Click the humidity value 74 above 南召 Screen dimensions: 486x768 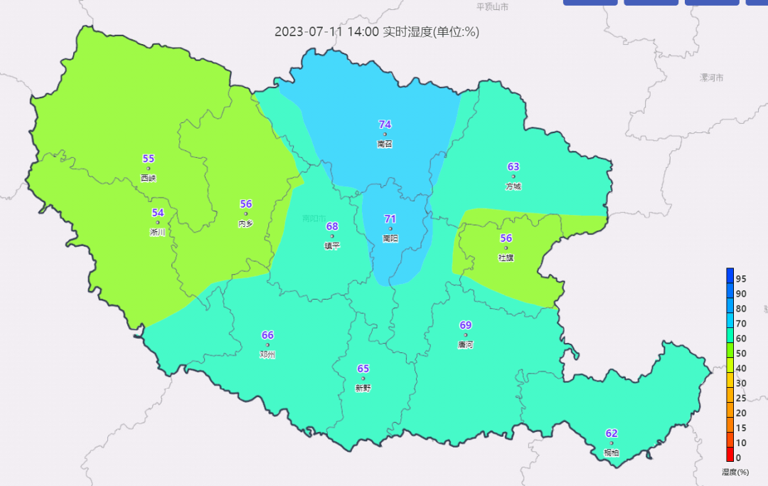point(385,125)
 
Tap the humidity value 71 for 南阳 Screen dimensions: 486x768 point(390,219)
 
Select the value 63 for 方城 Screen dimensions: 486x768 point(513,167)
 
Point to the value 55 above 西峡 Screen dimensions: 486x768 point(148,159)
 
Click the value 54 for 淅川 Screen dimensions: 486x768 point(158,213)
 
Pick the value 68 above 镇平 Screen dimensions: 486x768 point(332,226)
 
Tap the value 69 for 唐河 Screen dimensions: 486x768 point(466,325)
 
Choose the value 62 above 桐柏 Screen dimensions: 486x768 point(612,433)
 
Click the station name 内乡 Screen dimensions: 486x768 point(245,223)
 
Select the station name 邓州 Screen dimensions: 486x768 point(267,354)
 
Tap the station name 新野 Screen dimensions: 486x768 point(363,388)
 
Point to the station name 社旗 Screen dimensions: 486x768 point(506,258)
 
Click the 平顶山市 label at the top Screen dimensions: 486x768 point(492,6)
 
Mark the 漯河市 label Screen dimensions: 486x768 point(711,77)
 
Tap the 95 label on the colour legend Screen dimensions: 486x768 point(741,278)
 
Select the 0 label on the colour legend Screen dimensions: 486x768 point(738,458)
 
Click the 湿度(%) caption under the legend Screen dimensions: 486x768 point(736,472)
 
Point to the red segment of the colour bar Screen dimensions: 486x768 point(730,456)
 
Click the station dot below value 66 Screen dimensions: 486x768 point(267,345)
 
